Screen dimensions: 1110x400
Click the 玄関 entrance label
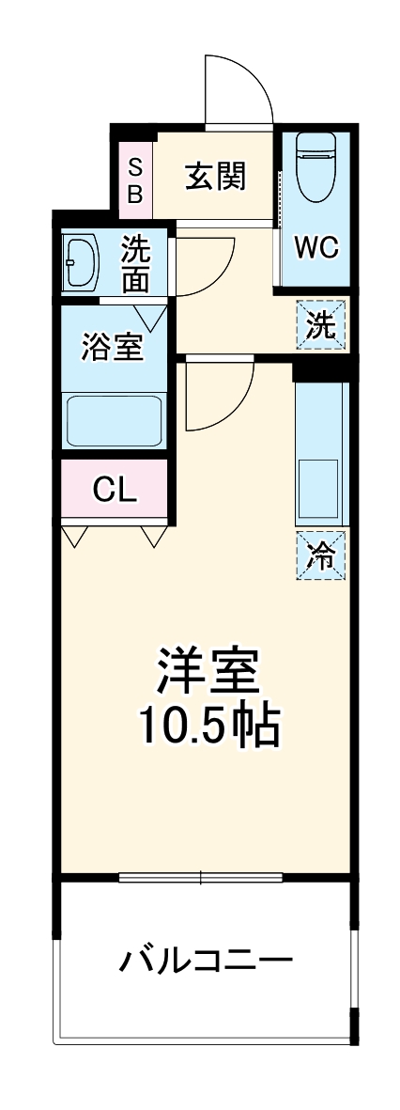(215, 176)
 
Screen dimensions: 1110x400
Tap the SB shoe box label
(134, 181)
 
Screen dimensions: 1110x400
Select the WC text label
(315, 247)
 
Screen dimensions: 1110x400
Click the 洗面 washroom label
(135, 265)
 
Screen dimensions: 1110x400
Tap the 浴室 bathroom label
(112, 347)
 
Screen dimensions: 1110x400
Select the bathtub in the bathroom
(115, 421)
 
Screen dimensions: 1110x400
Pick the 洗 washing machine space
(321, 326)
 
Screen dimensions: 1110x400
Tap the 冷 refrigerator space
(321, 555)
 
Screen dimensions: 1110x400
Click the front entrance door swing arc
(239, 89)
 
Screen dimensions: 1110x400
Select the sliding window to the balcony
(201, 878)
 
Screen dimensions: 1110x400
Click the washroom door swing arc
(206, 266)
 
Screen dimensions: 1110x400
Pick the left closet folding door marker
(75, 536)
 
